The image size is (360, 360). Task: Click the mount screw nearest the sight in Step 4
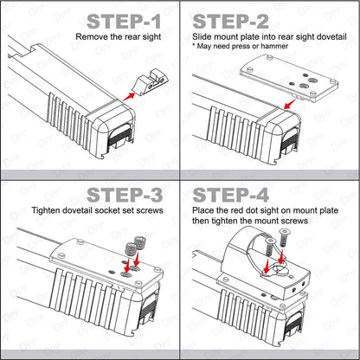270,248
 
